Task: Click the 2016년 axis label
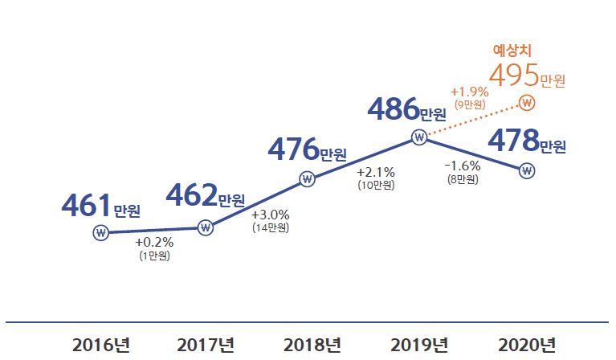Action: click(100, 345)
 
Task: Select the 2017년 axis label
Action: click(206, 345)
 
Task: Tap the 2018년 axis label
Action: click(312, 345)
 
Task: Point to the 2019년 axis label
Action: click(419, 345)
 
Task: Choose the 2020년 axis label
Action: click(527, 345)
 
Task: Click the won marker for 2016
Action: click(100, 233)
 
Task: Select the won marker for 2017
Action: click(206, 227)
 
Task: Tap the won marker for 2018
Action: click(307, 179)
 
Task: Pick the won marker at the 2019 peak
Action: click(418, 137)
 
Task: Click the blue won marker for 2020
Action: click(527, 170)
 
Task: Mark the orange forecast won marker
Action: click(527, 103)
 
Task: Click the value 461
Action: click(86, 206)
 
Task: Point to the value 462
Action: click(190, 195)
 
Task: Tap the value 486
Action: click(393, 108)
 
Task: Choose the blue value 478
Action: click(513, 141)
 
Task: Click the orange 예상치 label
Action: click(512, 50)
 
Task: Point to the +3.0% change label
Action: click(270, 215)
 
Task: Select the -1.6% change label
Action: click(462, 166)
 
